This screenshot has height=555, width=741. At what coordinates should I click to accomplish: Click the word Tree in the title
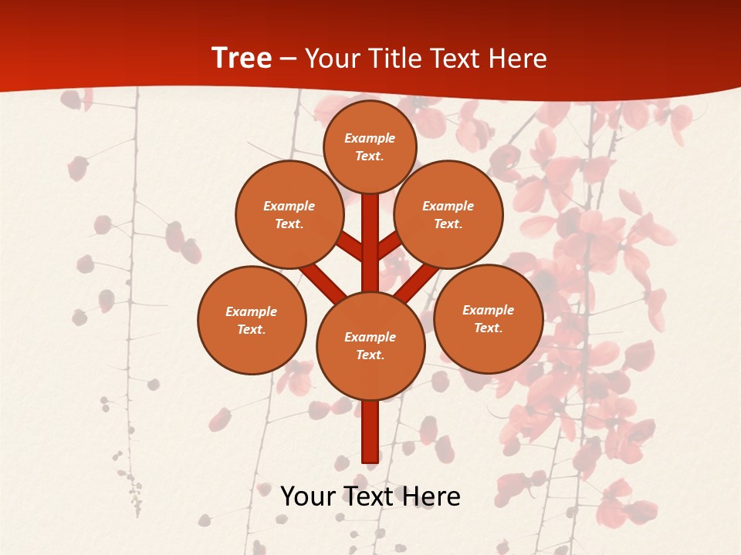click(x=242, y=59)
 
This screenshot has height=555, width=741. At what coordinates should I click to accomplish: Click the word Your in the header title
click(x=332, y=59)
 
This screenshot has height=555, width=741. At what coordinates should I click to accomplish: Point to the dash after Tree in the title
click(x=289, y=59)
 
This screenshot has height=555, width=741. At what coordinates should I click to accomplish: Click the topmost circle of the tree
click(x=370, y=146)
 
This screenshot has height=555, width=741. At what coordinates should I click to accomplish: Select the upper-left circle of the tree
click(x=289, y=215)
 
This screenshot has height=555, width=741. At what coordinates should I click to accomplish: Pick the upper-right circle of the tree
click(x=448, y=215)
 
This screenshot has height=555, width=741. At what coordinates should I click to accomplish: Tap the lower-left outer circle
click(x=252, y=320)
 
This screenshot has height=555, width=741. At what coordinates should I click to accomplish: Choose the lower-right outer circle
click(x=488, y=318)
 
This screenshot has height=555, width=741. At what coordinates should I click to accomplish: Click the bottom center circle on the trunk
click(x=370, y=346)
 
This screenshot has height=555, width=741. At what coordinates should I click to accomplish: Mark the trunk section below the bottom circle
click(x=370, y=432)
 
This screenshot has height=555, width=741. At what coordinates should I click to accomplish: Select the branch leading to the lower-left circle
click(x=323, y=281)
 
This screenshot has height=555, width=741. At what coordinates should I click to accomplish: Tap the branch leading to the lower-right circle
click(x=418, y=282)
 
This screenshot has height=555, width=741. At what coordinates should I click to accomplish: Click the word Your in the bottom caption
click(x=307, y=496)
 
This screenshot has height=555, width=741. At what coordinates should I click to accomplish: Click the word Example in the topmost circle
click(x=370, y=139)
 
